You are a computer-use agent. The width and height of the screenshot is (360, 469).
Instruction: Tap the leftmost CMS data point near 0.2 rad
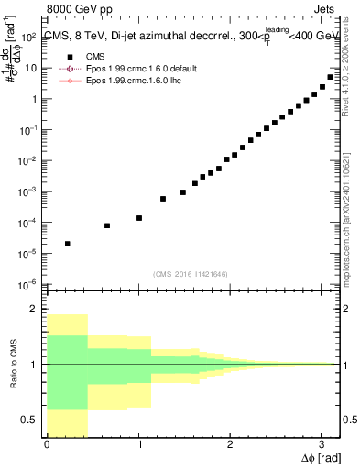[x=68, y=244]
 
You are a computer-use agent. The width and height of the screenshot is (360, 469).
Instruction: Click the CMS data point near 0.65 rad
[x=107, y=225]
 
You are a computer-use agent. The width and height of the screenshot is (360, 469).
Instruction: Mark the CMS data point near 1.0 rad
[x=139, y=218]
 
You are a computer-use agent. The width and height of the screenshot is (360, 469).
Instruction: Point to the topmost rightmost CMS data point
[x=330, y=77]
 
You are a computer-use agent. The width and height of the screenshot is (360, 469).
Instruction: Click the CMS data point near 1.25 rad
[x=163, y=199]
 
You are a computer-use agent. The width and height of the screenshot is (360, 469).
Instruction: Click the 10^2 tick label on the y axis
[x=27, y=38]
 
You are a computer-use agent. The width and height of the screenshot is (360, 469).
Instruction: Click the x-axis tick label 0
[x=47, y=444]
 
